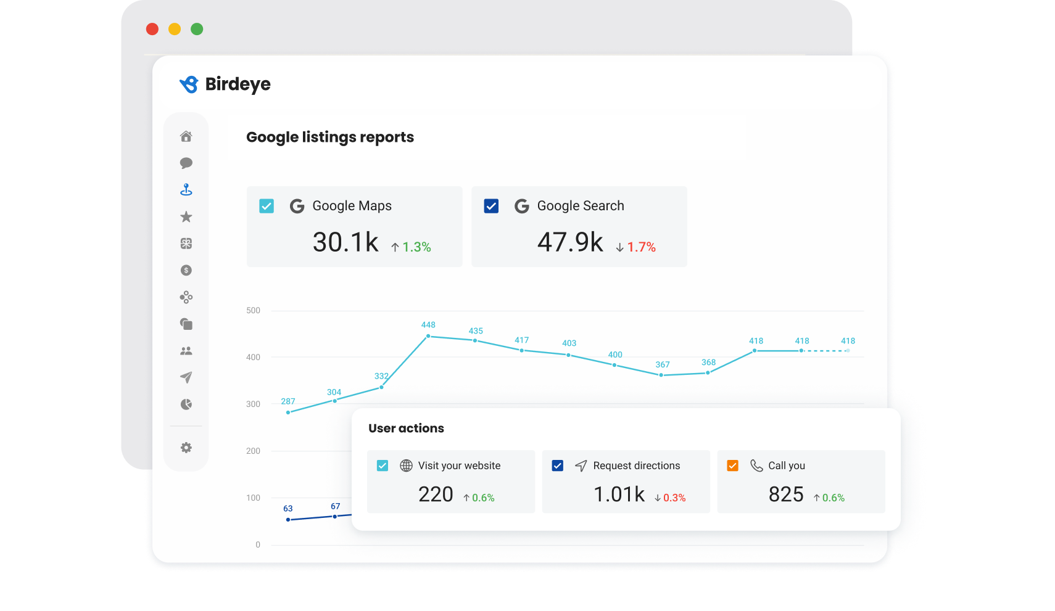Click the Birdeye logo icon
(189, 84)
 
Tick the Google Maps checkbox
(267, 206)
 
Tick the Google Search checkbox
(491, 206)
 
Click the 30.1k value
(345, 242)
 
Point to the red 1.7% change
(641, 247)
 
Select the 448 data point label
(428, 325)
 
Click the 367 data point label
(663, 365)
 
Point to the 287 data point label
(288, 401)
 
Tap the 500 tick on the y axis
(253, 311)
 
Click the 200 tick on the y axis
(253, 451)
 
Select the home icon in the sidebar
(186, 136)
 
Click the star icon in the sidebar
(186, 217)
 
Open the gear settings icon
(186, 448)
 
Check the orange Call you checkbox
(733, 465)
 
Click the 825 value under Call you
(786, 494)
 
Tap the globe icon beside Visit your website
(406, 465)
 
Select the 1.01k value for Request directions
(619, 494)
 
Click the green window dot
(197, 29)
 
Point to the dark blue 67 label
(335, 507)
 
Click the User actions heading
(406, 429)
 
